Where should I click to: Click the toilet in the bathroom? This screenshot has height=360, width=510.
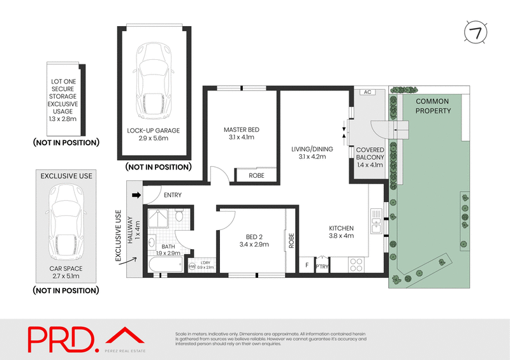(x=179, y=217)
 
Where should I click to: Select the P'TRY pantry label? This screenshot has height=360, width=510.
(x=323, y=267)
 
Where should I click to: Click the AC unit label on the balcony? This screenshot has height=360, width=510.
(x=367, y=92)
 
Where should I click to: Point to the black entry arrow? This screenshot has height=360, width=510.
(x=135, y=195)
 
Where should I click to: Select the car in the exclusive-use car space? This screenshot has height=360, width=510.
(x=66, y=220)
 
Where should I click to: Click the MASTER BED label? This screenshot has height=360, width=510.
(x=241, y=130)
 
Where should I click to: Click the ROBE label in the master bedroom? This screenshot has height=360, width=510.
(x=256, y=175)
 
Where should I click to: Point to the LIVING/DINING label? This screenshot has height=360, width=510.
(x=309, y=149)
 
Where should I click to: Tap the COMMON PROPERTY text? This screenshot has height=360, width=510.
(x=432, y=106)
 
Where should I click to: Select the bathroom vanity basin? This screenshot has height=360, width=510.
(x=152, y=243)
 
